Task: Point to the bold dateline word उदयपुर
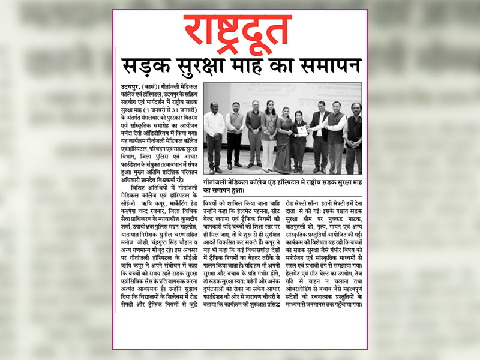130,87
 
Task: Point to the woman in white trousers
268,135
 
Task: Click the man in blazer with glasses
320,134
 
